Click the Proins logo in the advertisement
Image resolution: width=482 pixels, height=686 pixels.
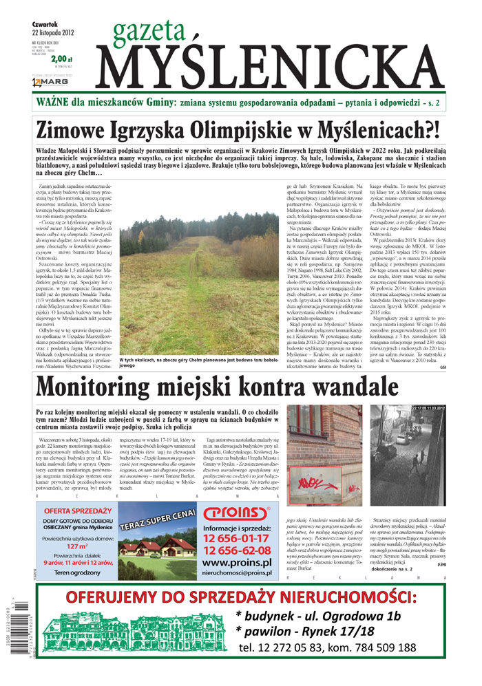(x=235, y=512)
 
